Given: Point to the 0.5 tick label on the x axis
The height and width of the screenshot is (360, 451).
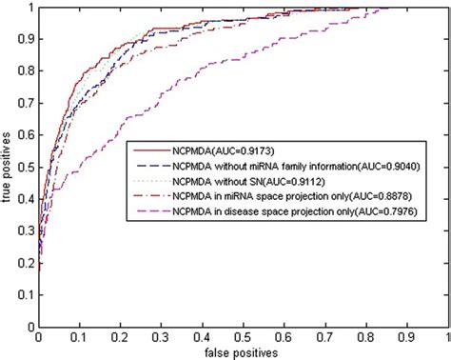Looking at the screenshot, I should click(244, 336).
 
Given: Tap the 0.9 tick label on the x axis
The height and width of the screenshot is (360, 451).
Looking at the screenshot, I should click(408, 336).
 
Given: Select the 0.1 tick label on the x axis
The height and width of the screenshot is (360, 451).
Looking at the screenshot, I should click(79, 336).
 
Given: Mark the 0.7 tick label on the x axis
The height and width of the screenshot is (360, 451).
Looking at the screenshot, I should click(325, 336).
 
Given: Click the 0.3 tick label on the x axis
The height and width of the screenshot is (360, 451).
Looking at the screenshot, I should click(162, 336).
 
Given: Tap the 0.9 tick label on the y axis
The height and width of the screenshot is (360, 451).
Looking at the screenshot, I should click(26, 39).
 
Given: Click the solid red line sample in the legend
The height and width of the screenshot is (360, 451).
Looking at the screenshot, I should click(150, 150).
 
